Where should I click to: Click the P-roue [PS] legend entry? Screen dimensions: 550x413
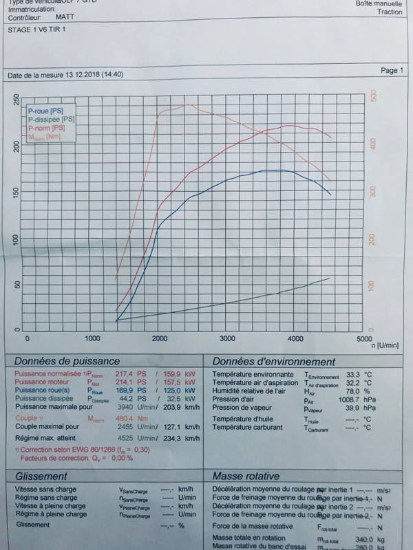[x=45, y=110]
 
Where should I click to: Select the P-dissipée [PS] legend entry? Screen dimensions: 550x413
[x=52, y=119]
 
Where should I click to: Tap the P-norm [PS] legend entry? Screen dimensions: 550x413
[x=47, y=128]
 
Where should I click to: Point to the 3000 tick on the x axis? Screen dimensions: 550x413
[x=227, y=339]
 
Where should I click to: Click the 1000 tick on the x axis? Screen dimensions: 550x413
[x=93, y=339]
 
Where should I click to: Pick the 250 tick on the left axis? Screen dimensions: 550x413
[x=17, y=100]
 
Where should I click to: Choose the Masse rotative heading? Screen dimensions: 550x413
[x=246, y=476]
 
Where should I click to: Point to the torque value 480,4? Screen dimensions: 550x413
[x=125, y=418]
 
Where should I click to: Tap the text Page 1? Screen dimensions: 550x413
[x=392, y=71]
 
